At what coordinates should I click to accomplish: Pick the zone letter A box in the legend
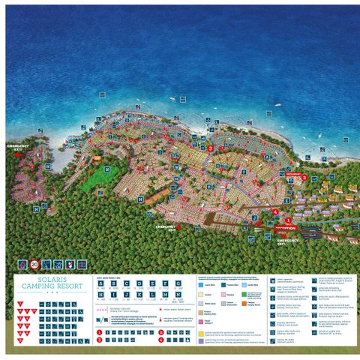(x=101, y=283)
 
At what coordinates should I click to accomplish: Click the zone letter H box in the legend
(x=101, y=296)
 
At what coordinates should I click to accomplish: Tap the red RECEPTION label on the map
(x=286, y=227)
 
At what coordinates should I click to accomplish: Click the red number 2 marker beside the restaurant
(x=305, y=178)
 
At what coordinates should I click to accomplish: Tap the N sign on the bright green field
(x=108, y=170)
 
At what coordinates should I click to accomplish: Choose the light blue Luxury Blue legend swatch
(x=201, y=285)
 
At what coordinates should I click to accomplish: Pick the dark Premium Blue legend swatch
(x=223, y=285)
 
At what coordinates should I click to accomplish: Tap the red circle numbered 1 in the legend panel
(x=100, y=329)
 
